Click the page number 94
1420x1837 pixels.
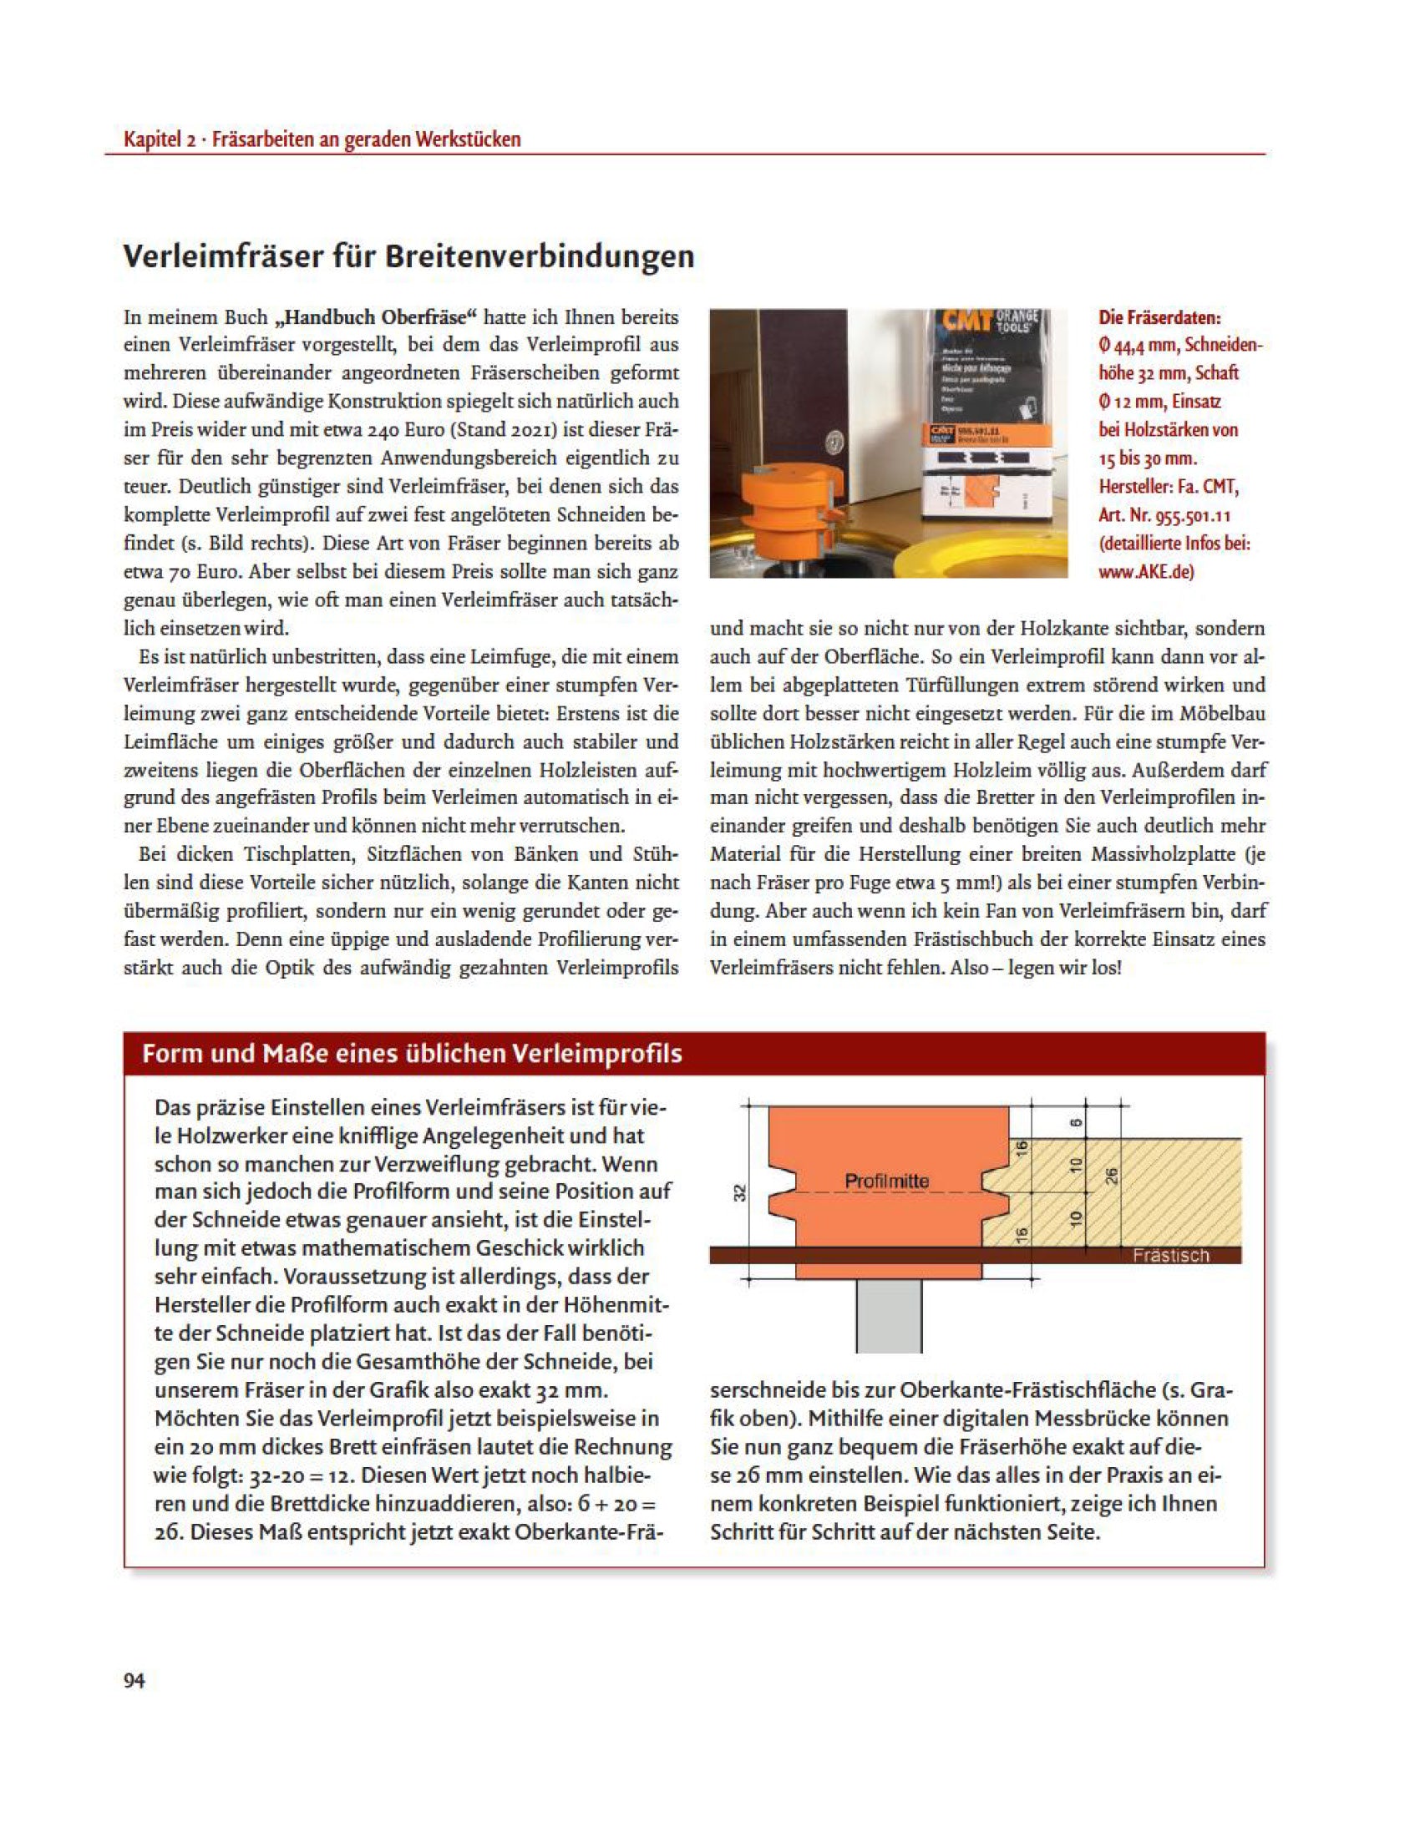134,1681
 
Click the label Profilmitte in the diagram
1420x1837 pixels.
886,1181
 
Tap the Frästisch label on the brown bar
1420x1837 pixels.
1170,1256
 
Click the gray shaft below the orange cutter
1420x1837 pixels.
889,1315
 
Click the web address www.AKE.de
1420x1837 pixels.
1146,572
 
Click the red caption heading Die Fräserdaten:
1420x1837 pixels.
1159,318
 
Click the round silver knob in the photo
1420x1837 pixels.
833,439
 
